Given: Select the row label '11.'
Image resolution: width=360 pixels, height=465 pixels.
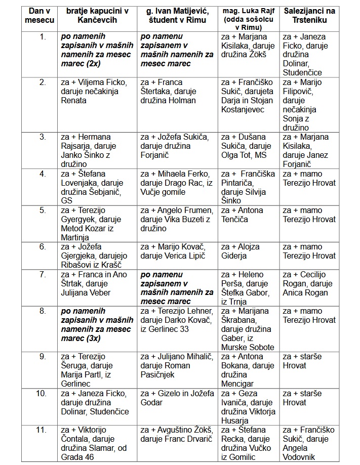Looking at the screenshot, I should pos(42,430).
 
